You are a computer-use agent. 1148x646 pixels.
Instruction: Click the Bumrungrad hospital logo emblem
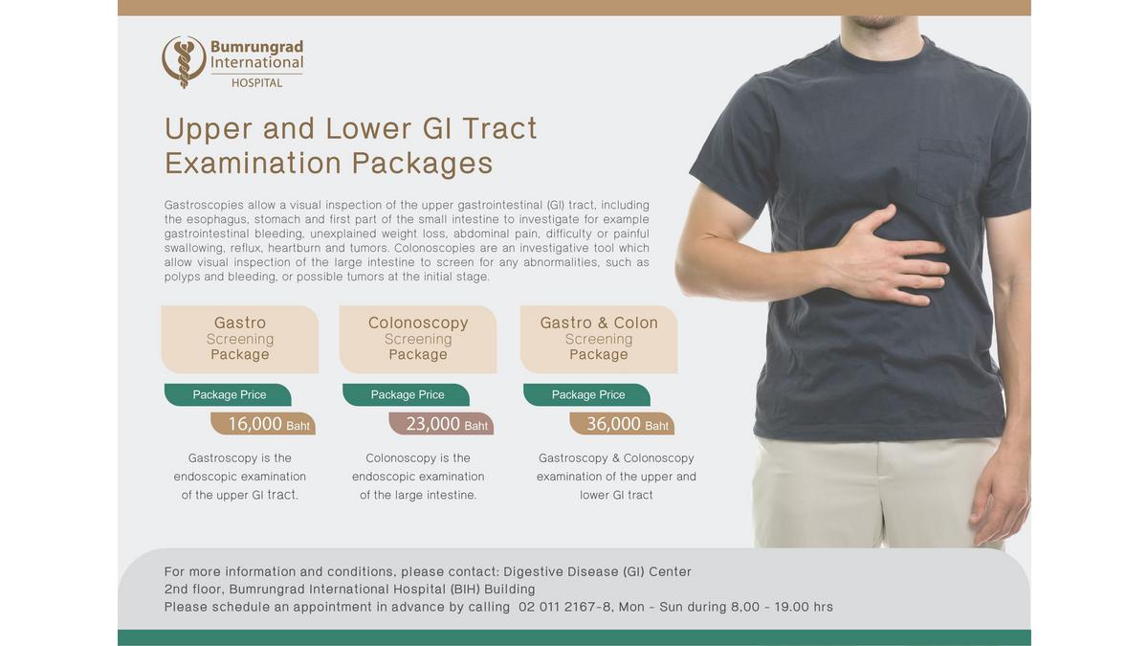[x=184, y=61]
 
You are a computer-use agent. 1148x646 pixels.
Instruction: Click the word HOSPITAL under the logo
[x=256, y=83]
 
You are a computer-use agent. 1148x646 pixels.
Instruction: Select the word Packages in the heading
[x=422, y=164]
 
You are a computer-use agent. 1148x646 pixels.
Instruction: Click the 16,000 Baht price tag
[x=263, y=424]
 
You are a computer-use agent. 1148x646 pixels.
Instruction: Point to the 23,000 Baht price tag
[x=441, y=424]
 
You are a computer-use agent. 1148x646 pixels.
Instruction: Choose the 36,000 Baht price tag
[x=622, y=424]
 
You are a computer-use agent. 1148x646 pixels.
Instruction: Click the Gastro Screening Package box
[x=240, y=339]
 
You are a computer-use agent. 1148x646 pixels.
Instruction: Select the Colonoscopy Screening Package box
[x=418, y=339]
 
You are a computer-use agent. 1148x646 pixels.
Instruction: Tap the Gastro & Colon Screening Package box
[x=599, y=339]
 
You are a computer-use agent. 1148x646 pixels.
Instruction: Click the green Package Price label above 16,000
[x=228, y=394]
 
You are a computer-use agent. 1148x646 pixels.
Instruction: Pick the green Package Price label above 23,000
[x=407, y=394]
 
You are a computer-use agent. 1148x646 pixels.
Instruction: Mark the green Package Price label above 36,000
[x=587, y=394]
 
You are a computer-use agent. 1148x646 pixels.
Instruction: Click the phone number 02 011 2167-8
[x=564, y=607]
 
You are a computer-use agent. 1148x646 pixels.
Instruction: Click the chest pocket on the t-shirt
[x=947, y=171]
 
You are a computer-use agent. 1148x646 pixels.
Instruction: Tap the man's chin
[x=877, y=21]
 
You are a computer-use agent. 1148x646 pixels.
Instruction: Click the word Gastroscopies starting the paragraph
[x=204, y=205]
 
